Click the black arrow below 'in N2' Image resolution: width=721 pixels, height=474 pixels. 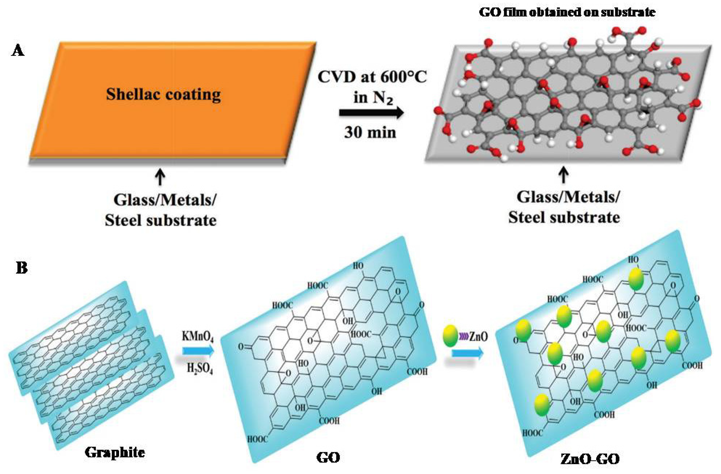371,113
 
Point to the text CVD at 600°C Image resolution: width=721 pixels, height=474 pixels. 372,77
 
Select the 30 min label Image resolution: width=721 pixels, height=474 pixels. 370,133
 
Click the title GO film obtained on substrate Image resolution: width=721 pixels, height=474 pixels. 567,12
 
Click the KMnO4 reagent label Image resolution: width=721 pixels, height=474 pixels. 198,337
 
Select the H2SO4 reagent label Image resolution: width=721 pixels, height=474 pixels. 200,369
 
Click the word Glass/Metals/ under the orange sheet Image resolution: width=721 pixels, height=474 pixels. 165,200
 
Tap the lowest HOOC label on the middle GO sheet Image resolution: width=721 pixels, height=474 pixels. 258,439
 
